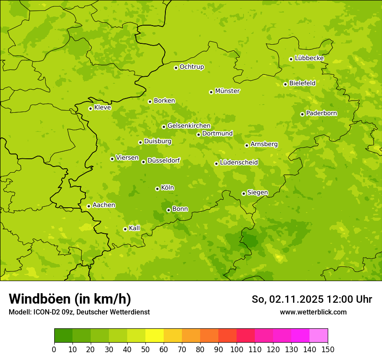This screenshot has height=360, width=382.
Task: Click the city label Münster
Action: click(x=227, y=91)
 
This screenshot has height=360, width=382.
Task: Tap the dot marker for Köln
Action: click(x=157, y=189)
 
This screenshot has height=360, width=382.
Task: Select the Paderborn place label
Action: click(x=321, y=113)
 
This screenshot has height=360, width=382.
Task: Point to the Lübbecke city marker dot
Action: click(x=291, y=59)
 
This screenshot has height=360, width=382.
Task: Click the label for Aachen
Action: click(x=104, y=205)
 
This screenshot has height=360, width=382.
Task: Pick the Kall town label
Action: click(x=135, y=228)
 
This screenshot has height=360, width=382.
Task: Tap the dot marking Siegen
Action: click(x=244, y=193)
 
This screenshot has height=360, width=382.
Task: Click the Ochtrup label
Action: click(x=192, y=67)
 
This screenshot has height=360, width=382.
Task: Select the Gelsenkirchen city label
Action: click(x=189, y=126)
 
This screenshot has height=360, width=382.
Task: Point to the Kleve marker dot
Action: click(x=90, y=108)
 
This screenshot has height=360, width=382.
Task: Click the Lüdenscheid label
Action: click(x=239, y=163)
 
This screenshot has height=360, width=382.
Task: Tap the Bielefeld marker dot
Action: click(x=285, y=84)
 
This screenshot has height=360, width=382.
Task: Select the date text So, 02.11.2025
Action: click(x=287, y=299)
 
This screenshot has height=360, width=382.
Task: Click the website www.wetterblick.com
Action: click(x=313, y=312)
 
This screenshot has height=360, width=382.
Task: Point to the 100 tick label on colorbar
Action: click(x=237, y=350)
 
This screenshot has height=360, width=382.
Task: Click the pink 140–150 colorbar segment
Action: click(x=319, y=336)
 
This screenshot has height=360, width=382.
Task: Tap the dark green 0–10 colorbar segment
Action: click(x=63, y=336)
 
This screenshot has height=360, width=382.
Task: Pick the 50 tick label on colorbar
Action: click(x=145, y=350)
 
